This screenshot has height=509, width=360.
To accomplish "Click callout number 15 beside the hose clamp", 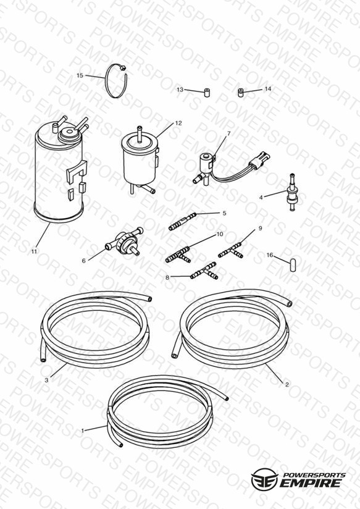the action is [80, 75].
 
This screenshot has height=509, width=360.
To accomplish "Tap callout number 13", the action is [180, 90].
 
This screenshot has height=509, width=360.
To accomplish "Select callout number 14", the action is [267, 88].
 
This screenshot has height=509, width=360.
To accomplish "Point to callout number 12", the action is [178, 123].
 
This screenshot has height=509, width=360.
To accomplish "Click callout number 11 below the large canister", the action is [34, 251].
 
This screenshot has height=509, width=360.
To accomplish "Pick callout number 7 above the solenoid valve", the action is [229, 133].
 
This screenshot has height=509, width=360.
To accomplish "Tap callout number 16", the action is [270, 255].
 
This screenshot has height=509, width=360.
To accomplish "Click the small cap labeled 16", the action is [293, 264].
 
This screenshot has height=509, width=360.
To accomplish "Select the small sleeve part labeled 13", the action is [207, 93].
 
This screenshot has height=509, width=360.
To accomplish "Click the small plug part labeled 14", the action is [241, 93].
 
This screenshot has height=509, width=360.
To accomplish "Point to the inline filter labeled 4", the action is [292, 191].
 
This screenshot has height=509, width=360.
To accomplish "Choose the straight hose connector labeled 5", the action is [182, 221].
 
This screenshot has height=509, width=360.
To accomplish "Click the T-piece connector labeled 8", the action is [204, 272].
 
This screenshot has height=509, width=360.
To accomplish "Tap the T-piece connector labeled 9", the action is [231, 251].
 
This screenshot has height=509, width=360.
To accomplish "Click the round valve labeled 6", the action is [124, 242].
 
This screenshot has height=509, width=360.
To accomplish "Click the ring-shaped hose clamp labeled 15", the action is [116, 81].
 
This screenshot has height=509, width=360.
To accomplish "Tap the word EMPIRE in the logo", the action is [311, 483].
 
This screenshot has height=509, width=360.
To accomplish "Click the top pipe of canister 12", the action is [140, 133].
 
